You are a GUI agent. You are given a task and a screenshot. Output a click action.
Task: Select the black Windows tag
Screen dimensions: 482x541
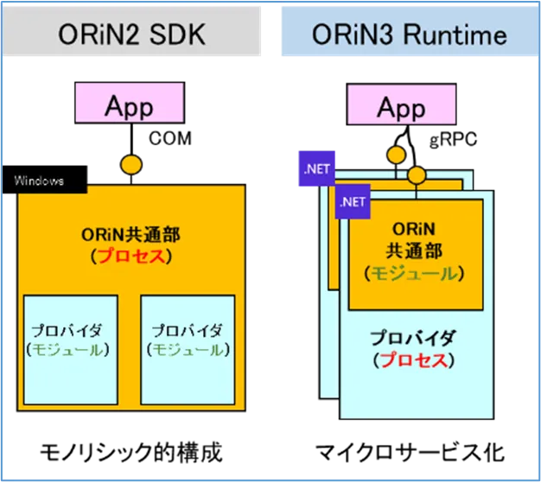click(40, 181)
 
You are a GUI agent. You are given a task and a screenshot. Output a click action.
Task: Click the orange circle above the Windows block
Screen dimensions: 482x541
click(130, 163)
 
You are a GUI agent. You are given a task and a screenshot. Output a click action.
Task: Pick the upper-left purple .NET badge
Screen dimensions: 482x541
click(317, 169)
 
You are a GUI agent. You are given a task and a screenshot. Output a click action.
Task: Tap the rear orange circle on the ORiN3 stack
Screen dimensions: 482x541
click(397, 155)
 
